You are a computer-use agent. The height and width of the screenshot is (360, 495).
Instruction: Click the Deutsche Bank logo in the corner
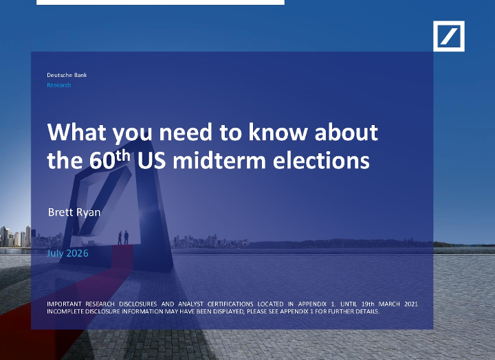click(x=448, y=36)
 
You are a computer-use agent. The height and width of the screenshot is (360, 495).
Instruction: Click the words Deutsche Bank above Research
click(x=67, y=75)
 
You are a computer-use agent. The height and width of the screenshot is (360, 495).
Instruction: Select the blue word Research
click(x=58, y=85)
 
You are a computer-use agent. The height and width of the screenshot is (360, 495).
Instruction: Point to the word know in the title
click(x=278, y=132)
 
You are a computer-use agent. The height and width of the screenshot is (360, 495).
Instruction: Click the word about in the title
click(x=346, y=132)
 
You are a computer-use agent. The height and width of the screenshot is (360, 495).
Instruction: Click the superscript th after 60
click(x=123, y=156)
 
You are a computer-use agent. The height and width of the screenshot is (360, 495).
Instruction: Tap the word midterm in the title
click(x=219, y=160)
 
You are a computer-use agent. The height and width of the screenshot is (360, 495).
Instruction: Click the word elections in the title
click(x=321, y=160)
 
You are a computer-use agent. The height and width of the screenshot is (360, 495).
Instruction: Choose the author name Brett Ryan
click(x=74, y=212)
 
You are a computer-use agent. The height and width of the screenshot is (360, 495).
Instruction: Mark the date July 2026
click(x=67, y=254)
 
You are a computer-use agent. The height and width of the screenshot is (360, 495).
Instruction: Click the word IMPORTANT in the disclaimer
click(x=64, y=304)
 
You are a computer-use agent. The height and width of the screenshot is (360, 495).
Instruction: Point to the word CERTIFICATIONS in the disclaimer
click(x=230, y=304)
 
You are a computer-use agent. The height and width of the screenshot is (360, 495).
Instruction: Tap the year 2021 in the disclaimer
click(x=411, y=304)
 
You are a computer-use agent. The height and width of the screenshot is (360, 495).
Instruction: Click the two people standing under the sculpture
click(x=123, y=238)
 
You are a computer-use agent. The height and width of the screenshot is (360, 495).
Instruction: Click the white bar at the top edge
click(x=160, y=2)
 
